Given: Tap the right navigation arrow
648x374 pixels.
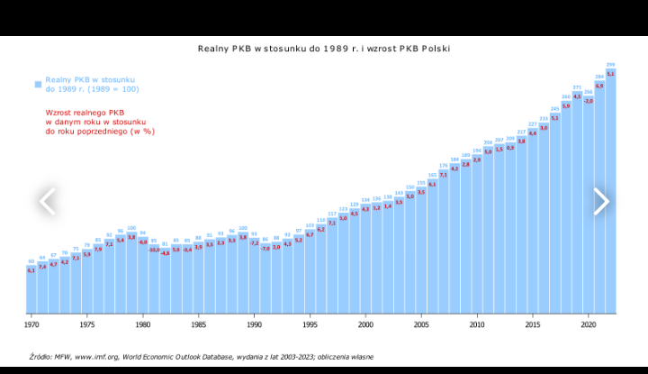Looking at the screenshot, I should click(601, 202).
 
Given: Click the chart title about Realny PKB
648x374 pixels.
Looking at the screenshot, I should click(323, 48).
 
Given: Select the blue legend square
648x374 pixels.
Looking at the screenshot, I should click(39, 84).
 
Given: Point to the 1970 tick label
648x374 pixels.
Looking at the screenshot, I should click(31, 324).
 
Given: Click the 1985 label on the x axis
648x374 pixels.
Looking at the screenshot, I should click(198, 324).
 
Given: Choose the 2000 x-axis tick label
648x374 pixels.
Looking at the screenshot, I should click(365, 324).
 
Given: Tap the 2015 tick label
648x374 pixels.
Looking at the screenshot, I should click(533, 324).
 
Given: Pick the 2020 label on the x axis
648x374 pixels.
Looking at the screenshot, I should click(589, 324).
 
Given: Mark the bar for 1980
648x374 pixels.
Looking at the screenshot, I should click(142, 279).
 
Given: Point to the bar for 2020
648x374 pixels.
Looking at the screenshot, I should click(589, 207).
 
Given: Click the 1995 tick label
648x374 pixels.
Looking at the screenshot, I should click(310, 324).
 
